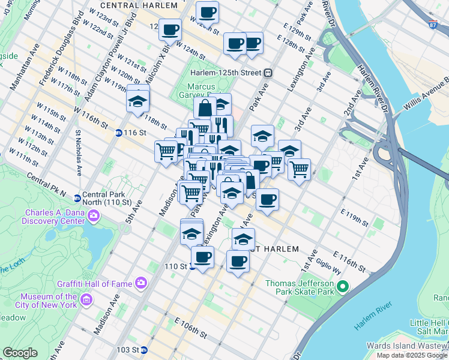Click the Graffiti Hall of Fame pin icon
click(x=141, y=282)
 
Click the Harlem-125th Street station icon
click(x=268, y=73)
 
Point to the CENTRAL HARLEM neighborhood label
click(x=139, y=5)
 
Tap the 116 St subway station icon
click(x=119, y=133)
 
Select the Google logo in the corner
click(x=20, y=353)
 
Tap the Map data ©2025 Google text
click(x=412, y=355)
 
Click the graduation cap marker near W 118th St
click(x=138, y=100)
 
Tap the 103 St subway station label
click(x=127, y=349)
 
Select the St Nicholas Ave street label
click(x=78, y=153)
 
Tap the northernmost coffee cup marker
click(x=208, y=11)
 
